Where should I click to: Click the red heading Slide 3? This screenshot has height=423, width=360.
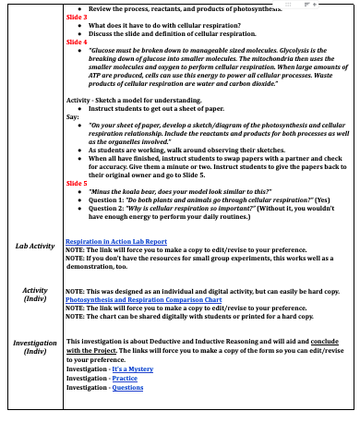pos(77,17)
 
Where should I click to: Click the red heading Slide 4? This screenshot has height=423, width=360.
pos(77,42)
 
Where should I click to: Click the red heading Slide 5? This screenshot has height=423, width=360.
pos(77,184)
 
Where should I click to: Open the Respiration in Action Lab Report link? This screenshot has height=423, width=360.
pos(115,241)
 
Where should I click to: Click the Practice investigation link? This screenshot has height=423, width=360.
pos(124,378)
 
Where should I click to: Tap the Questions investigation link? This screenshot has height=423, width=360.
pos(127,387)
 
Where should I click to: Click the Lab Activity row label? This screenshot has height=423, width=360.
pos(35,247)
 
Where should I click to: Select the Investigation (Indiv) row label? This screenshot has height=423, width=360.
pos(34,346)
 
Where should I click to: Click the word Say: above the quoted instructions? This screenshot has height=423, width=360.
pos(73,117)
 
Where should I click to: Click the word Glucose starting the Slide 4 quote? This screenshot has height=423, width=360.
pos(102,51)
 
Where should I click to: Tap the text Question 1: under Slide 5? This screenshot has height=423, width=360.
pos(111,200)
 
